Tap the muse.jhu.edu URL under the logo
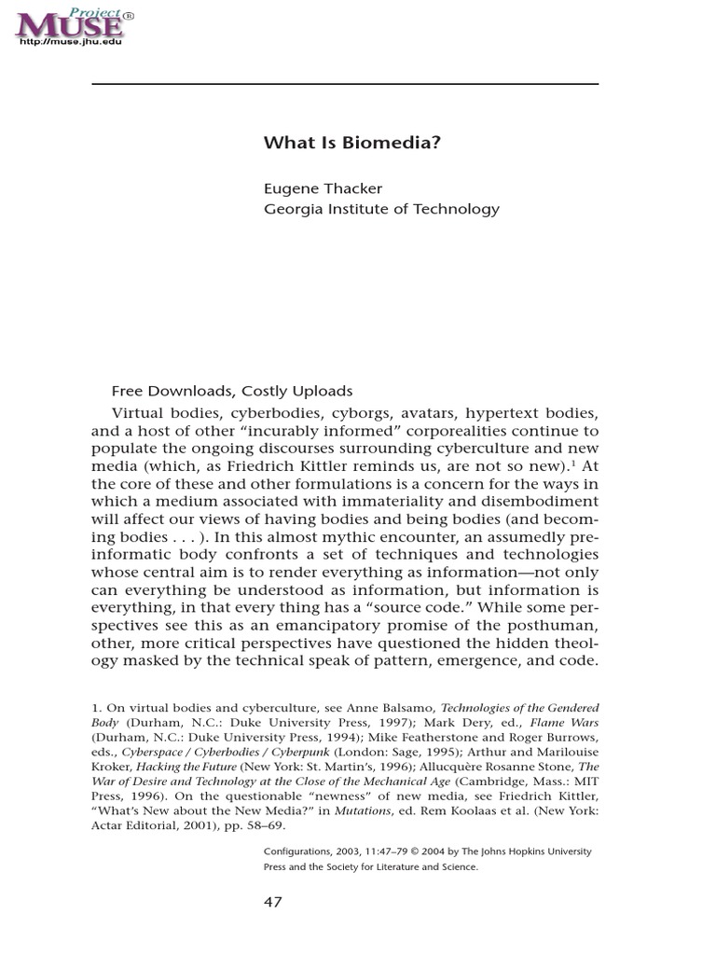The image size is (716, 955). pos(70,42)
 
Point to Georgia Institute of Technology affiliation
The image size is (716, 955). pos(381,209)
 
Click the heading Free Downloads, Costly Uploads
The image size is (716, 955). pos(232,391)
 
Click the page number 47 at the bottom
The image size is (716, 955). pos(272,903)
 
